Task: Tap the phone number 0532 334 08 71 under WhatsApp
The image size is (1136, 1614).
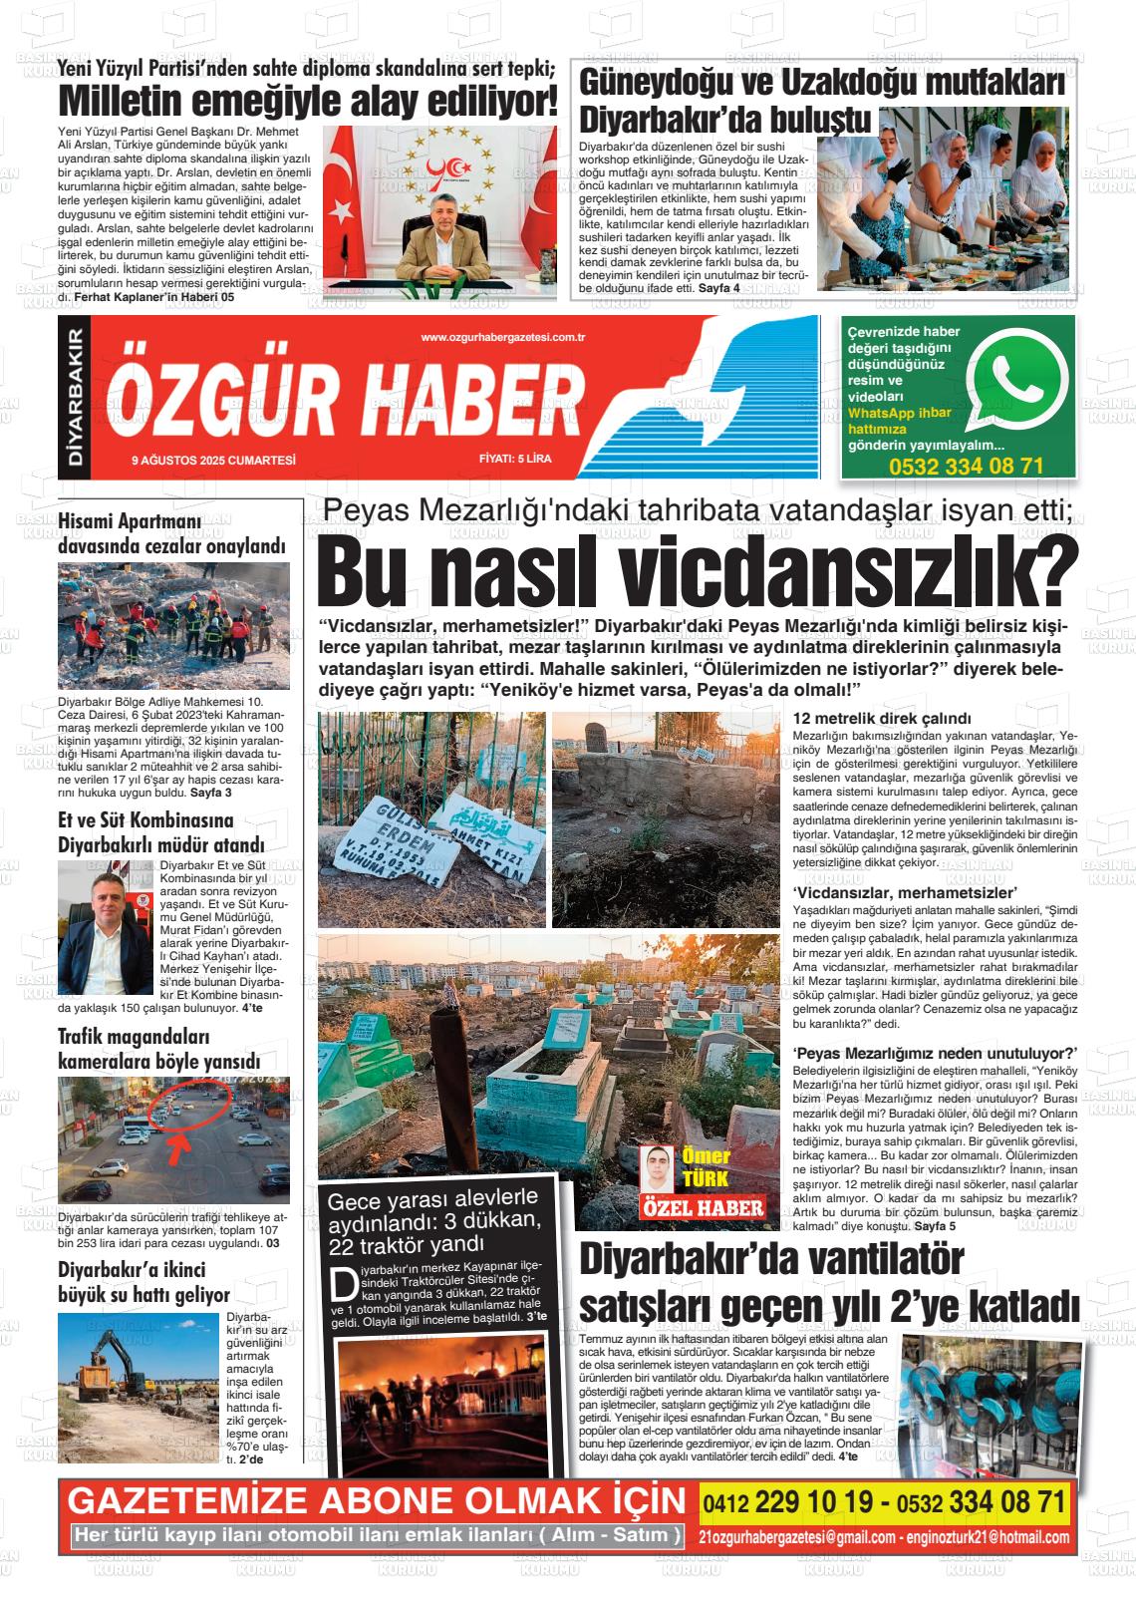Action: coord(966,466)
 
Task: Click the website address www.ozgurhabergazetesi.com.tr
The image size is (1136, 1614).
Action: coord(502,338)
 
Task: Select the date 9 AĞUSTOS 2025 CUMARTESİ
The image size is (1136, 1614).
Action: coord(214,460)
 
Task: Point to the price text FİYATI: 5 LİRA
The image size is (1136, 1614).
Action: coord(514,460)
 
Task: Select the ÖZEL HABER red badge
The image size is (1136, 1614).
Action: coord(703,1208)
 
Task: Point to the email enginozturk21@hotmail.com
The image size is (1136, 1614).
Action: coord(988,1537)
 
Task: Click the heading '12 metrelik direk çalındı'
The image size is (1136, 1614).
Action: coord(867,719)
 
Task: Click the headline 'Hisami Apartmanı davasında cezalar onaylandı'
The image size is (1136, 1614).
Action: coord(171,533)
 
